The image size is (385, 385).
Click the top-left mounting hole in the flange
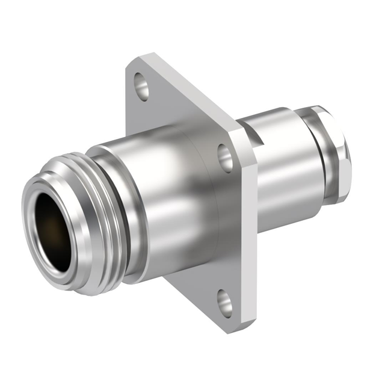[142, 86]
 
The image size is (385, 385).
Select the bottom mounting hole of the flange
[224, 303]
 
